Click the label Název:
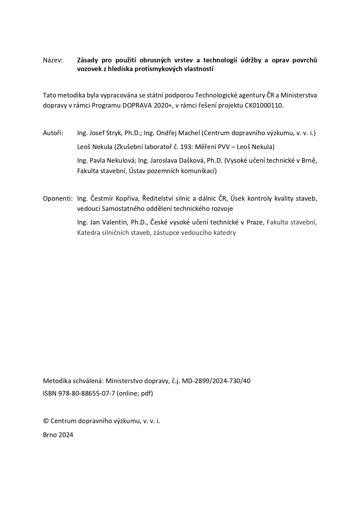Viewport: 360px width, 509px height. click(x=53, y=60)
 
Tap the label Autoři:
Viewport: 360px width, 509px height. click(x=53, y=133)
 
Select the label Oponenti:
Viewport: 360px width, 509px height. click(x=58, y=199)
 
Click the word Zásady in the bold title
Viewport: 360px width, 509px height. click(x=88, y=60)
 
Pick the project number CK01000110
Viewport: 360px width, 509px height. click(x=263, y=105)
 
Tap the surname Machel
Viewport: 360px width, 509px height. click(x=189, y=133)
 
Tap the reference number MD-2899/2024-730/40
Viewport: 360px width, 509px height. click(x=216, y=381)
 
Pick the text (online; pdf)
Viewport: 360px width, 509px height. click(x=135, y=394)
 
